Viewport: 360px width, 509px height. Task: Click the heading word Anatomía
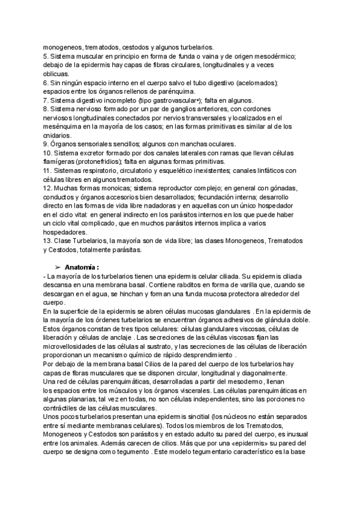[x=82, y=267]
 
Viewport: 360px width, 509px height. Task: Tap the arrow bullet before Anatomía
[x=58, y=267]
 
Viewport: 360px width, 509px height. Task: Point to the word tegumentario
[x=199, y=453]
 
